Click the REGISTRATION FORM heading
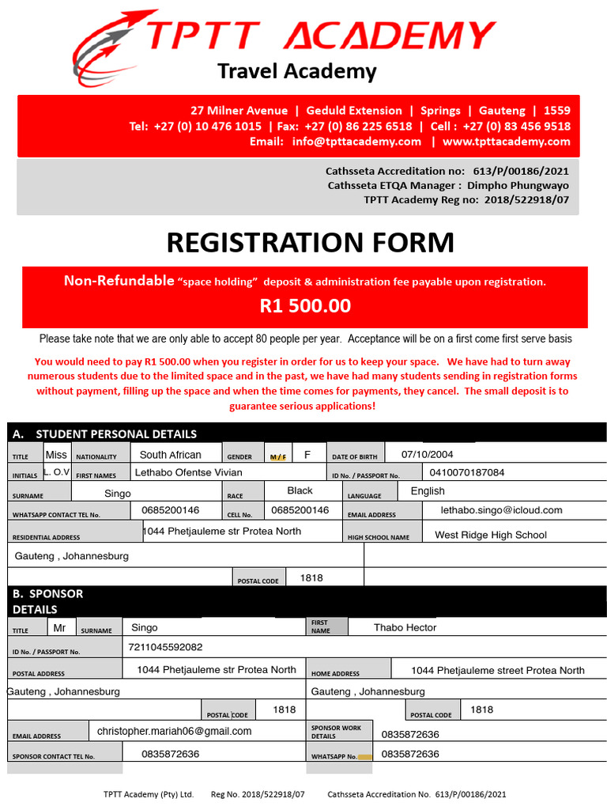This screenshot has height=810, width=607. [x=310, y=243]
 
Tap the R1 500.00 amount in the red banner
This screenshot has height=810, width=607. [x=304, y=306]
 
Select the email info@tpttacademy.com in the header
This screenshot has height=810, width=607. [x=356, y=142]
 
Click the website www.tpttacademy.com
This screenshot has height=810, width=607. [x=506, y=142]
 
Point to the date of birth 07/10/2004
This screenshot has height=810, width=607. [x=427, y=454]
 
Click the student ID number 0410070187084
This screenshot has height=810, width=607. [x=466, y=472]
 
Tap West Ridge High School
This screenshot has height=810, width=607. [x=490, y=535]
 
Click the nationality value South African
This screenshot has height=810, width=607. [x=170, y=455]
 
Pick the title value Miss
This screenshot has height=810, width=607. [x=56, y=454]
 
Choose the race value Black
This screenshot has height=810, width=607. [x=300, y=490]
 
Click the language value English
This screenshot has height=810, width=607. [x=428, y=490]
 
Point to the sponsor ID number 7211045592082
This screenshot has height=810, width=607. [x=165, y=647]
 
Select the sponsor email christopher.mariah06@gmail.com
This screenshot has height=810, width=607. [x=174, y=731]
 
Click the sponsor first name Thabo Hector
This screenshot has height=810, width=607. [x=405, y=627]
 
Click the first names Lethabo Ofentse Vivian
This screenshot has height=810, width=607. [x=199, y=472]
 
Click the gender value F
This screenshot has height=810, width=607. [x=307, y=454]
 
